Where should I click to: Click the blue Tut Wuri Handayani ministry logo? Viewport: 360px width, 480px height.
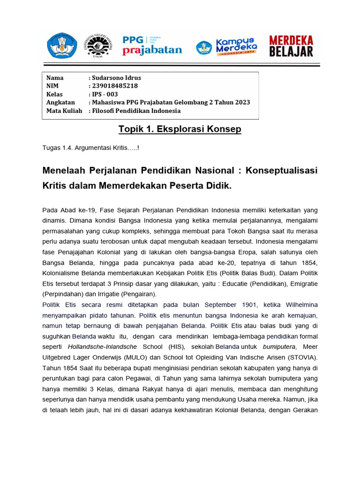62,46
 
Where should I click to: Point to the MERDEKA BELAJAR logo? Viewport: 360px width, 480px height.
291,46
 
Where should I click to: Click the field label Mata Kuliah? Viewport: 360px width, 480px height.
64,111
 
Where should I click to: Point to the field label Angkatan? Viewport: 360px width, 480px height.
60,103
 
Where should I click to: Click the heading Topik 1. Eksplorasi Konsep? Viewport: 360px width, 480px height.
180,129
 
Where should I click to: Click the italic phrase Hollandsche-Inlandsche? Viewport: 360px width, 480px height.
102,347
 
